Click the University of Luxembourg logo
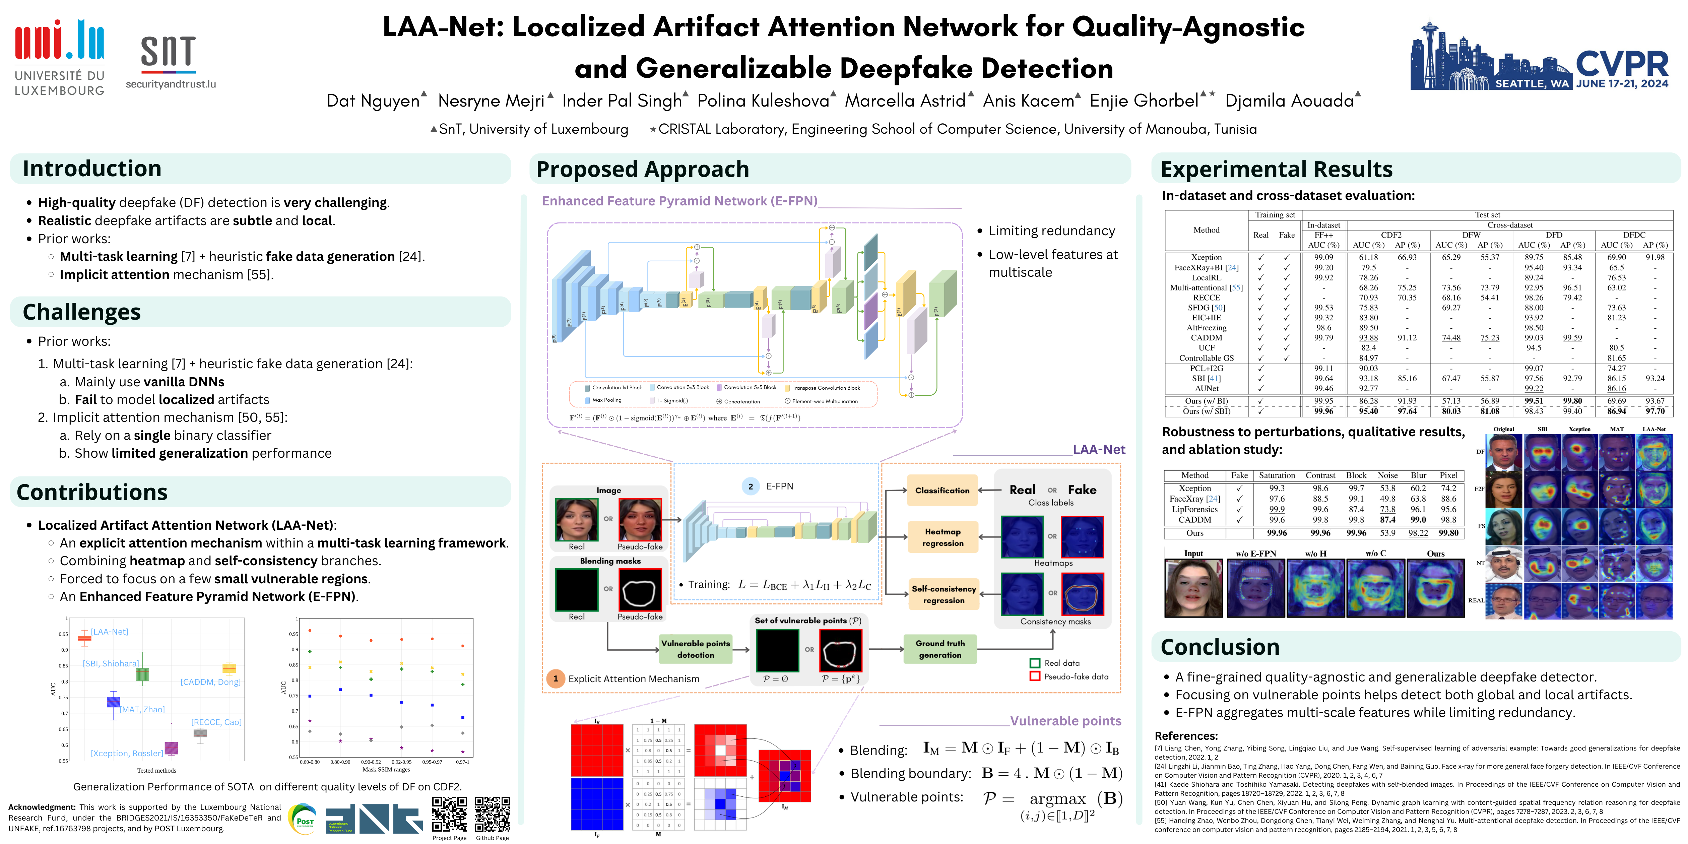pos(59,58)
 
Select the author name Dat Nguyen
pos(373,101)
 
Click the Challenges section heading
pos(82,312)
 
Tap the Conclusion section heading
pos(1220,647)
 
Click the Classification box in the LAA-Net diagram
pos(942,490)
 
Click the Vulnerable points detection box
pos(695,649)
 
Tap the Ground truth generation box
pos(940,649)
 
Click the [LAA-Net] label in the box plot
pos(110,632)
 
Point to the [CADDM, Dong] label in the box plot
pos(210,682)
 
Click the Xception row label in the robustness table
pos(1194,488)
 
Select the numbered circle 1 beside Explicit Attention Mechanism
pos(556,678)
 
